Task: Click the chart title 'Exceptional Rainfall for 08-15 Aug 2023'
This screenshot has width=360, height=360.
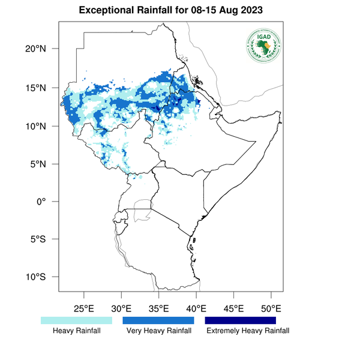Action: tap(179, 11)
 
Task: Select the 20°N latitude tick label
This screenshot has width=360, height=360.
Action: tap(41, 49)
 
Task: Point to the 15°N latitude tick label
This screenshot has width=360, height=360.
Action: tap(41, 88)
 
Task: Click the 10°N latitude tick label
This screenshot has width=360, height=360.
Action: tap(41, 126)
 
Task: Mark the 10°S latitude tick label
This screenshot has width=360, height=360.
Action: tap(41, 277)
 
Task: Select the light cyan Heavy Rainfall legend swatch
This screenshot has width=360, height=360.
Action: tap(76, 320)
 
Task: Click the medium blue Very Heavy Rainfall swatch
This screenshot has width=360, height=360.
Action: tap(158, 320)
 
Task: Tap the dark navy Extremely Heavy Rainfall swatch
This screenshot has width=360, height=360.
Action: tap(240, 320)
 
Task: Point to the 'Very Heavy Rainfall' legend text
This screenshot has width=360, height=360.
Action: tap(158, 331)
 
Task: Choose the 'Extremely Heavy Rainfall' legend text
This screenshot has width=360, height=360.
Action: tap(248, 331)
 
